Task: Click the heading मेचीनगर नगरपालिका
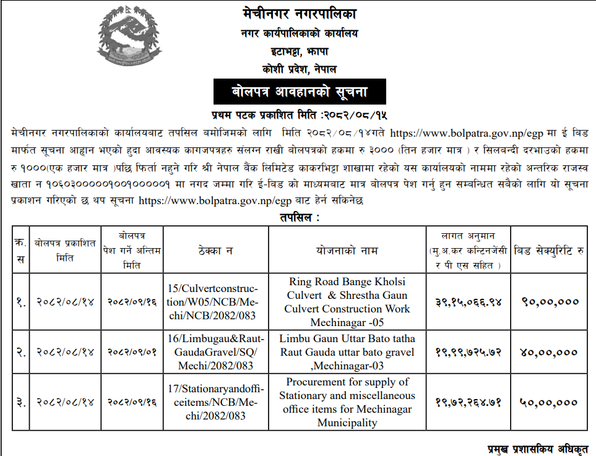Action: coord(300,14)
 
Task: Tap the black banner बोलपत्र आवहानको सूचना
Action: coord(300,92)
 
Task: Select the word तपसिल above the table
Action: coord(296,217)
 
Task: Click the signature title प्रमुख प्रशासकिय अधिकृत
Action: coord(538,449)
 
